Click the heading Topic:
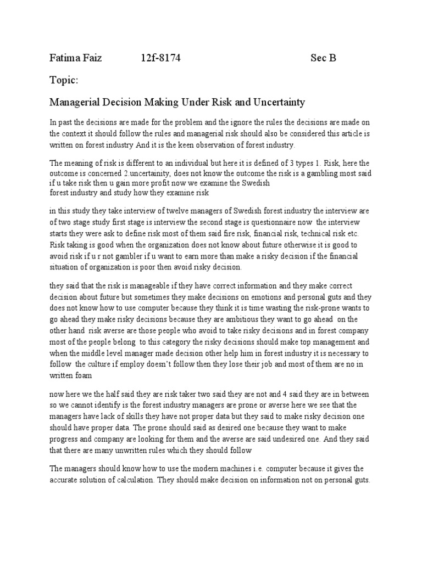pos(64,81)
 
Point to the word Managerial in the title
pos(77,102)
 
